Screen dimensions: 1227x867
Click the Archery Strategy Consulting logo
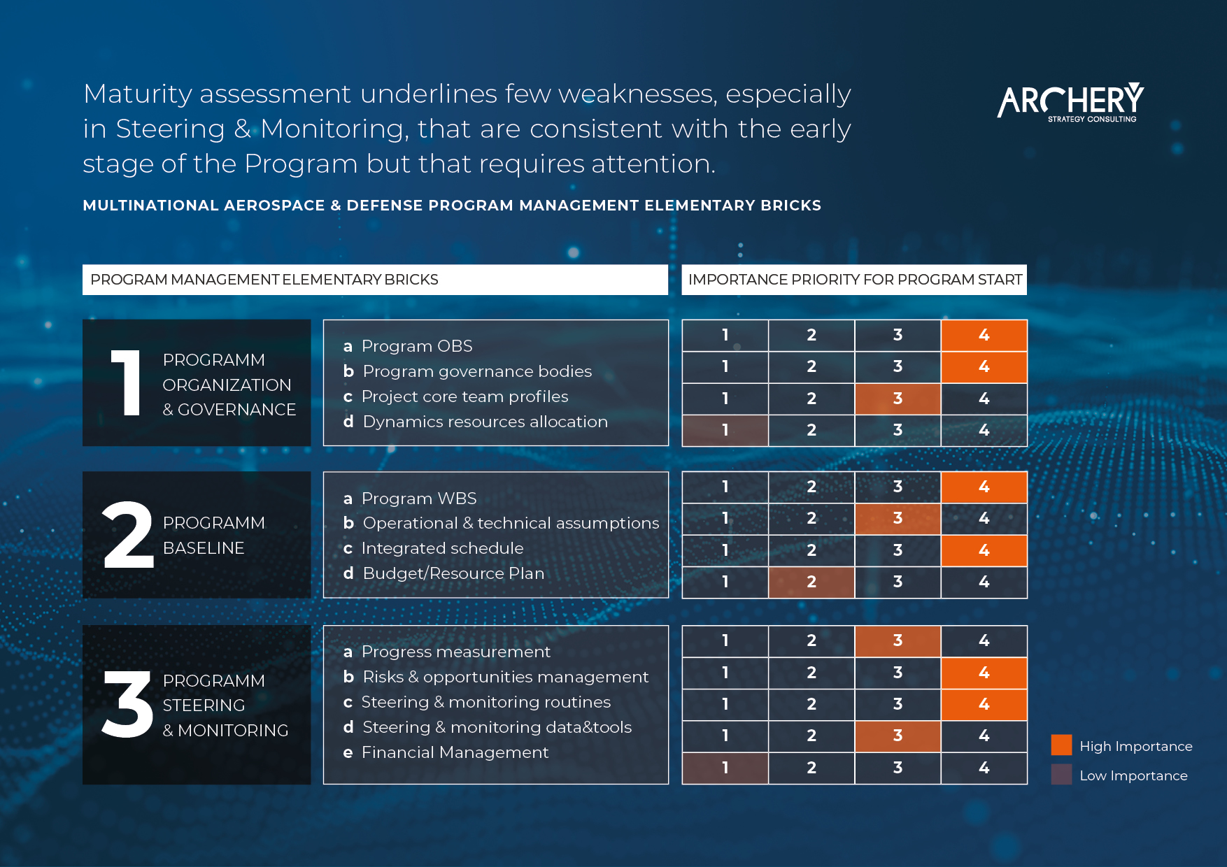point(1071,102)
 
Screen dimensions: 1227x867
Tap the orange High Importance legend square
point(1061,745)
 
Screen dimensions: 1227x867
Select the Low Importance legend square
point(1061,775)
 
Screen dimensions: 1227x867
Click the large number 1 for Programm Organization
point(127,382)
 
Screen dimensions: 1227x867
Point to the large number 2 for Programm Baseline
point(128,535)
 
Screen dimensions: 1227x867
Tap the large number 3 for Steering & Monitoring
point(127,704)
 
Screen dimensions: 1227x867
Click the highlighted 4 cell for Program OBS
point(984,335)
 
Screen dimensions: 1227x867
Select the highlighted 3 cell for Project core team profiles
point(898,399)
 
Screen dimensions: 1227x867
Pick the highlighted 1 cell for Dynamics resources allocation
point(725,430)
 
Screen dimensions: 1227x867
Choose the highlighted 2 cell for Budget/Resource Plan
point(811,582)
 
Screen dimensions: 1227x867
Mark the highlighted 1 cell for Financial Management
point(725,768)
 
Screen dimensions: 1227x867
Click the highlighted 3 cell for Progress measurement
point(898,640)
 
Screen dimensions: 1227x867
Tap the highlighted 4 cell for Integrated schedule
point(984,550)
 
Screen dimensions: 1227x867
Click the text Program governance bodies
point(477,371)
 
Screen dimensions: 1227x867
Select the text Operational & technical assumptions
point(511,523)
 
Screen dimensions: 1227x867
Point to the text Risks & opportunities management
point(506,677)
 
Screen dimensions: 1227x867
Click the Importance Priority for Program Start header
point(854,280)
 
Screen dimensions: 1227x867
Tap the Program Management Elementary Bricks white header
point(375,280)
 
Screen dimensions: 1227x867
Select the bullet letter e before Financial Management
point(348,753)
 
